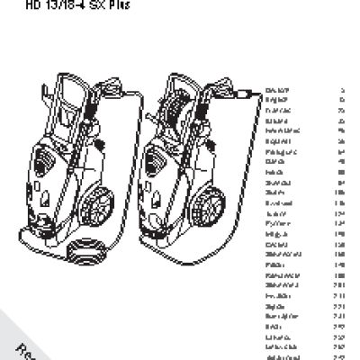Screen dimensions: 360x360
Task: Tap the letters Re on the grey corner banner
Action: coord(27,346)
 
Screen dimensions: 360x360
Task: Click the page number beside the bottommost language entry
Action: coord(341,357)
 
